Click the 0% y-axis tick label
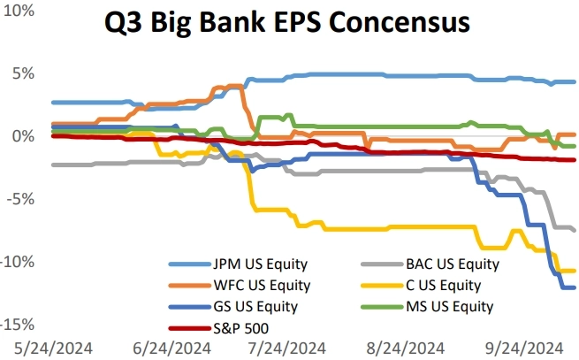(x=21, y=136)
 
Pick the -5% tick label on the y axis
(x=19, y=199)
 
